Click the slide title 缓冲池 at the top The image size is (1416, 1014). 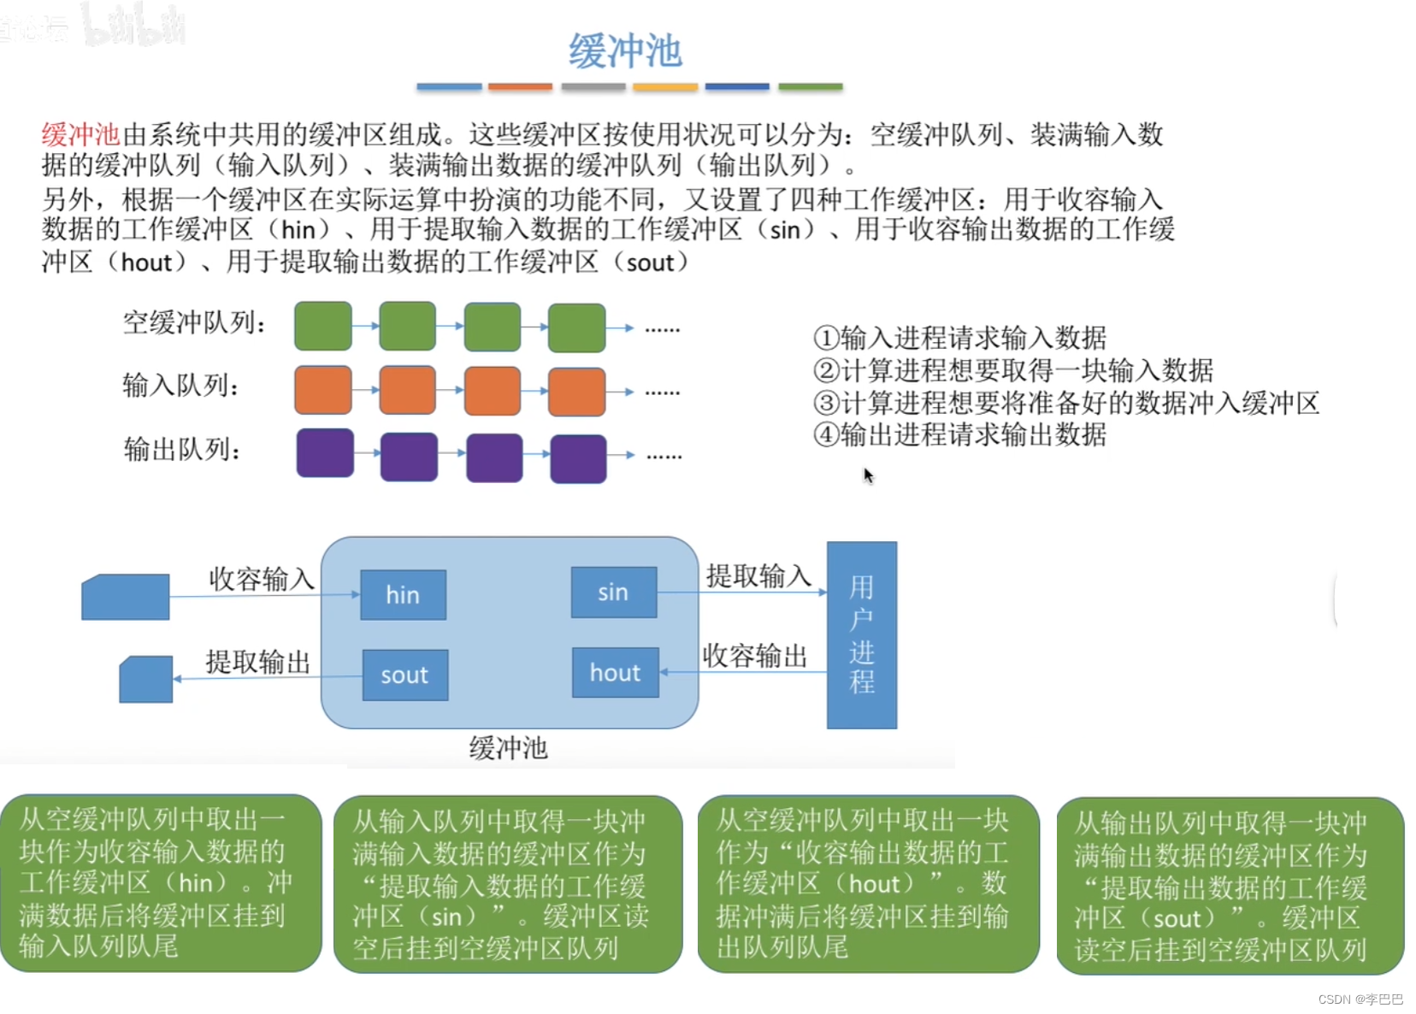click(x=625, y=51)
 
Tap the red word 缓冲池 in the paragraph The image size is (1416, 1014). click(x=80, y=134)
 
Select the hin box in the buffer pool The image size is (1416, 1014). click(x=403, y=594)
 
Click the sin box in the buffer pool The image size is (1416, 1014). click(x=613, y=592)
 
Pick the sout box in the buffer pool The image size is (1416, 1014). click(x=404, y=675)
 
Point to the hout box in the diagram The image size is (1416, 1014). click(x=615, y=673)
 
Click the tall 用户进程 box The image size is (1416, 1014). click(x=861, y=634)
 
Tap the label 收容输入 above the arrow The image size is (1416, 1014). click(x=262, y=579)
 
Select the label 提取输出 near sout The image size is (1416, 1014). click(x=257, y=662)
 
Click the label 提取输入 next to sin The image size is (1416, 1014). click(x=758, y=575)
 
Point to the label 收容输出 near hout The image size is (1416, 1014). click(x=755, y=656)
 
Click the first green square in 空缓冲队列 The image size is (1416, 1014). click(x=323, y=326)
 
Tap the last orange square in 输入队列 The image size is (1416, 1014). click(x=576, y=392)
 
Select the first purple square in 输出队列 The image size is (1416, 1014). click(x=325, y=453)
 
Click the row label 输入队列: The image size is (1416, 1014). click(x=180, y=386)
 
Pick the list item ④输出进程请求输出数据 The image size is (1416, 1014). click(x=959, y=434)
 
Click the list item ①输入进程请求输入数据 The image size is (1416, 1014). click(x=959, y=338)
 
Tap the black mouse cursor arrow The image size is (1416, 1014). click(x=868, y=475)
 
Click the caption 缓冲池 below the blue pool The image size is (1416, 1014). click(x=508, y=748)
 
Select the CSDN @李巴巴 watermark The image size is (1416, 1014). click(x=1360, y=999)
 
